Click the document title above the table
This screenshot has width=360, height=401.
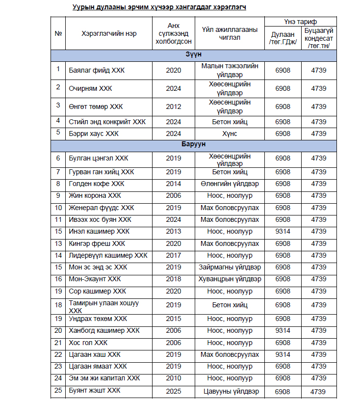tap(159, 7)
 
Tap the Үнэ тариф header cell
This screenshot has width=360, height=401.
tap(300, 22)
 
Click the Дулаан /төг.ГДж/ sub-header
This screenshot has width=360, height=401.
tap(283, 38)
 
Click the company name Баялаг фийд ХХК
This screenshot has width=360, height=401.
tap(97, 70)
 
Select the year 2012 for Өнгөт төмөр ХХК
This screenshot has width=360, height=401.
tap(174, 107)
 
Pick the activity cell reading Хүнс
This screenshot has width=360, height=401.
tap(230, 134)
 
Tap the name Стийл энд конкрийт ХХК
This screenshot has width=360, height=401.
tap(107, 121)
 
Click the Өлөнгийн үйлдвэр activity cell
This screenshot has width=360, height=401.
tap(230, 184)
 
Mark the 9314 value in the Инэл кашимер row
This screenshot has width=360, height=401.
tap(283, 231)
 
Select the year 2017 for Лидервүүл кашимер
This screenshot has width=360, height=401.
tap(174, 255)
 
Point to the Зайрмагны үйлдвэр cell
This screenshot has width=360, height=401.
tap(230, 267)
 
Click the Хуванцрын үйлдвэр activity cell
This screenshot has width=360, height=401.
tap(230, 279)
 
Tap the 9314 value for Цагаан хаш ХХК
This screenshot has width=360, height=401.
tap(283, 354)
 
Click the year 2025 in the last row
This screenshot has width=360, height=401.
tap(174, 391)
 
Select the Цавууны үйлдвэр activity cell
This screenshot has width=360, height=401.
tap(230, 391)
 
